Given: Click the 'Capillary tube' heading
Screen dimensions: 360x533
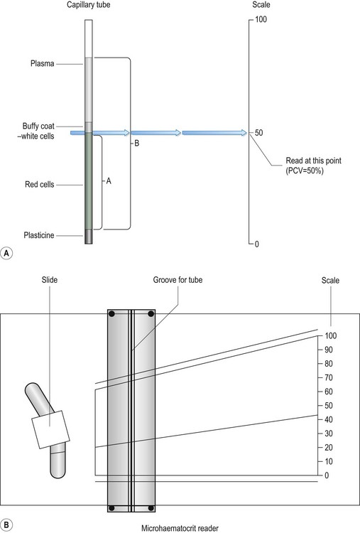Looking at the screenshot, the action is click(x=88, y=5).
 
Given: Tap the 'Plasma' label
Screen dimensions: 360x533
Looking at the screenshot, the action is click(x=42, y=63).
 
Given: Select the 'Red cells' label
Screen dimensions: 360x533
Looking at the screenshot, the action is click(x=39, y=185).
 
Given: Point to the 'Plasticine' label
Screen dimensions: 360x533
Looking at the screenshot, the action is click(x=39, y=235).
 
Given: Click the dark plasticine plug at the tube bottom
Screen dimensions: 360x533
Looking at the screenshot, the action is click(x=88, y=237).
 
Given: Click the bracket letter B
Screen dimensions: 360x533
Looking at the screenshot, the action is click(x=136, y=144).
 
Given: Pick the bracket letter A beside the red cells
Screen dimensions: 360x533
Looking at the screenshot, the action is click(x=109, y=181).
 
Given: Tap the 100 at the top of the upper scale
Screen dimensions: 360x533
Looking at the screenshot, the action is click(x=261, y=19).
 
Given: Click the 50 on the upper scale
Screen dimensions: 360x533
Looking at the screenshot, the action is click(x=258, y=133).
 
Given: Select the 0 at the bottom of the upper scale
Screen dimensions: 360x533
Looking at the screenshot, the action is click(x=257, y=244).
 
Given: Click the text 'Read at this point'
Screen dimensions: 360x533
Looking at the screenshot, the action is click(x=313, y=161).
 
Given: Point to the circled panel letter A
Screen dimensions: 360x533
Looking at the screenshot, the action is click(x=7, y=254).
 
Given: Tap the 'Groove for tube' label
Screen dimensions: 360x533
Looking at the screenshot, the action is click(x=178, y=280).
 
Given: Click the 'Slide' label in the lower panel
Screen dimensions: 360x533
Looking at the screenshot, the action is click(x=50, y=280).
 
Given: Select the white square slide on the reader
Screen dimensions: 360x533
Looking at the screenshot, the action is click(x=50, y=429).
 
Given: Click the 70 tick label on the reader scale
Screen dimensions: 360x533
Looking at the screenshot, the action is click(x=329, y=377).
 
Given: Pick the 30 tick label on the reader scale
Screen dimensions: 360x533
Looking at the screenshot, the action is click(x=329, y=434).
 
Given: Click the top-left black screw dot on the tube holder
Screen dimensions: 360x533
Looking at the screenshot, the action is click(x=111, y=314).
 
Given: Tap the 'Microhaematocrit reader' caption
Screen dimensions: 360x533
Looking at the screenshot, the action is click(x=180, y=528).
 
